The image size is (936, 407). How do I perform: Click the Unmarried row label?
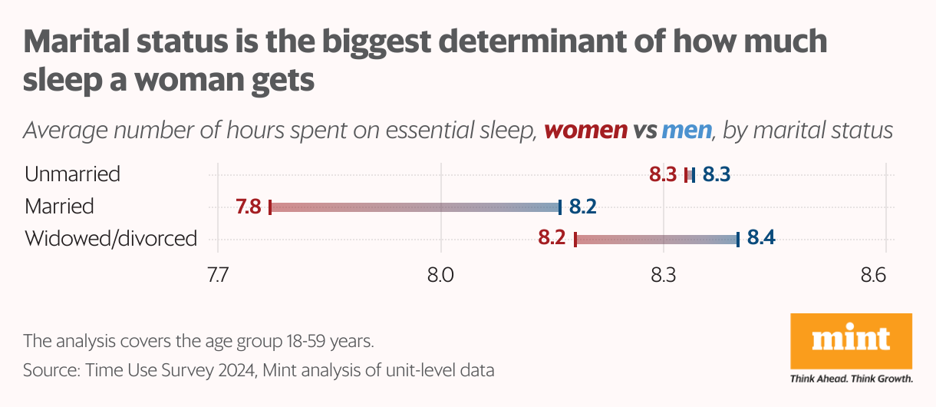(72, 174)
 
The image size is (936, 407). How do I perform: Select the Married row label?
(59, 207)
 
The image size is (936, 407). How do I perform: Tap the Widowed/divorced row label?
(110, 239)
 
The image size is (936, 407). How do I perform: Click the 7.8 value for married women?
(249, 207)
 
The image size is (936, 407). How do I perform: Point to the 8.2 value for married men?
(583, 207)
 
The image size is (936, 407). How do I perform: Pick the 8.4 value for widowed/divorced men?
(761, 238)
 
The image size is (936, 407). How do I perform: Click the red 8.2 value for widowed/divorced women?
(552, 238)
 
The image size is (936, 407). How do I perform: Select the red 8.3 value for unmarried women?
(663, 174)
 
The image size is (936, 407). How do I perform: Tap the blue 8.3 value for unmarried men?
(716, 174)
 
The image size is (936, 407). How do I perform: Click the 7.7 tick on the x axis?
(218, 275)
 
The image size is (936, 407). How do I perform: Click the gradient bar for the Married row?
(415, 207)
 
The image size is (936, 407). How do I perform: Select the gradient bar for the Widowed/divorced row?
(657, 239)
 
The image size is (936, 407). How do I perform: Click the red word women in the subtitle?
(585, 131)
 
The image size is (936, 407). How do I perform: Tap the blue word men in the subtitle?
(687, 131)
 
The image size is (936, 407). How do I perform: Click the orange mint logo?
(851, 342)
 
